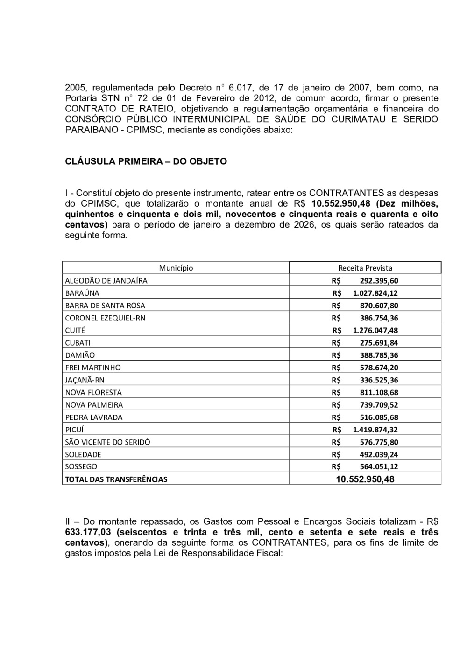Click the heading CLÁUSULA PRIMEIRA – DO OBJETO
[x=146, y=161]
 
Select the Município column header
[x=176, y=268]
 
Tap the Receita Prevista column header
[x=365, y=268]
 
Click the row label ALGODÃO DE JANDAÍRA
[x=106, y=280]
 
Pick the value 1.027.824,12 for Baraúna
[x=375, y=293]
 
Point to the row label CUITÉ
[x=75, y=330]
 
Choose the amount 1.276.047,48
[x=375, y=330]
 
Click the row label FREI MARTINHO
[x=92, y=368]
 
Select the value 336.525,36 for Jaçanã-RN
[x=379, y=380]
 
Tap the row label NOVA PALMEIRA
[x=94, y=405]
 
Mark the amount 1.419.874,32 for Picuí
[x=375, y=430]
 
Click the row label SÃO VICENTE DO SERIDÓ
[x=107, y=442]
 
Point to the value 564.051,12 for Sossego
[x=379, y=466]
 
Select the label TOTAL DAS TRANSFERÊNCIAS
[x=116, y=479]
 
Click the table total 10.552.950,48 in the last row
[x=365, y=479]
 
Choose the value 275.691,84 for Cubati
[x=379, y=342]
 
